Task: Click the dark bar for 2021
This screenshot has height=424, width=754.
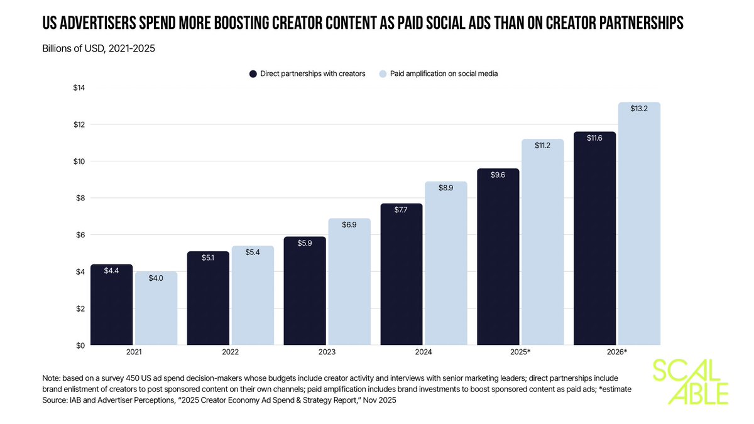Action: click(111, 305)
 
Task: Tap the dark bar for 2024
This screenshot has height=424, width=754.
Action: click(402, 275)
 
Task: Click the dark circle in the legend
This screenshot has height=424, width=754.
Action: click(253, 73)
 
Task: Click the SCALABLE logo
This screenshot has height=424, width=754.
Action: click(690, 382)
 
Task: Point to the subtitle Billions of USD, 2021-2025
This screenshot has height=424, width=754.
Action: click(99, 49)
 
